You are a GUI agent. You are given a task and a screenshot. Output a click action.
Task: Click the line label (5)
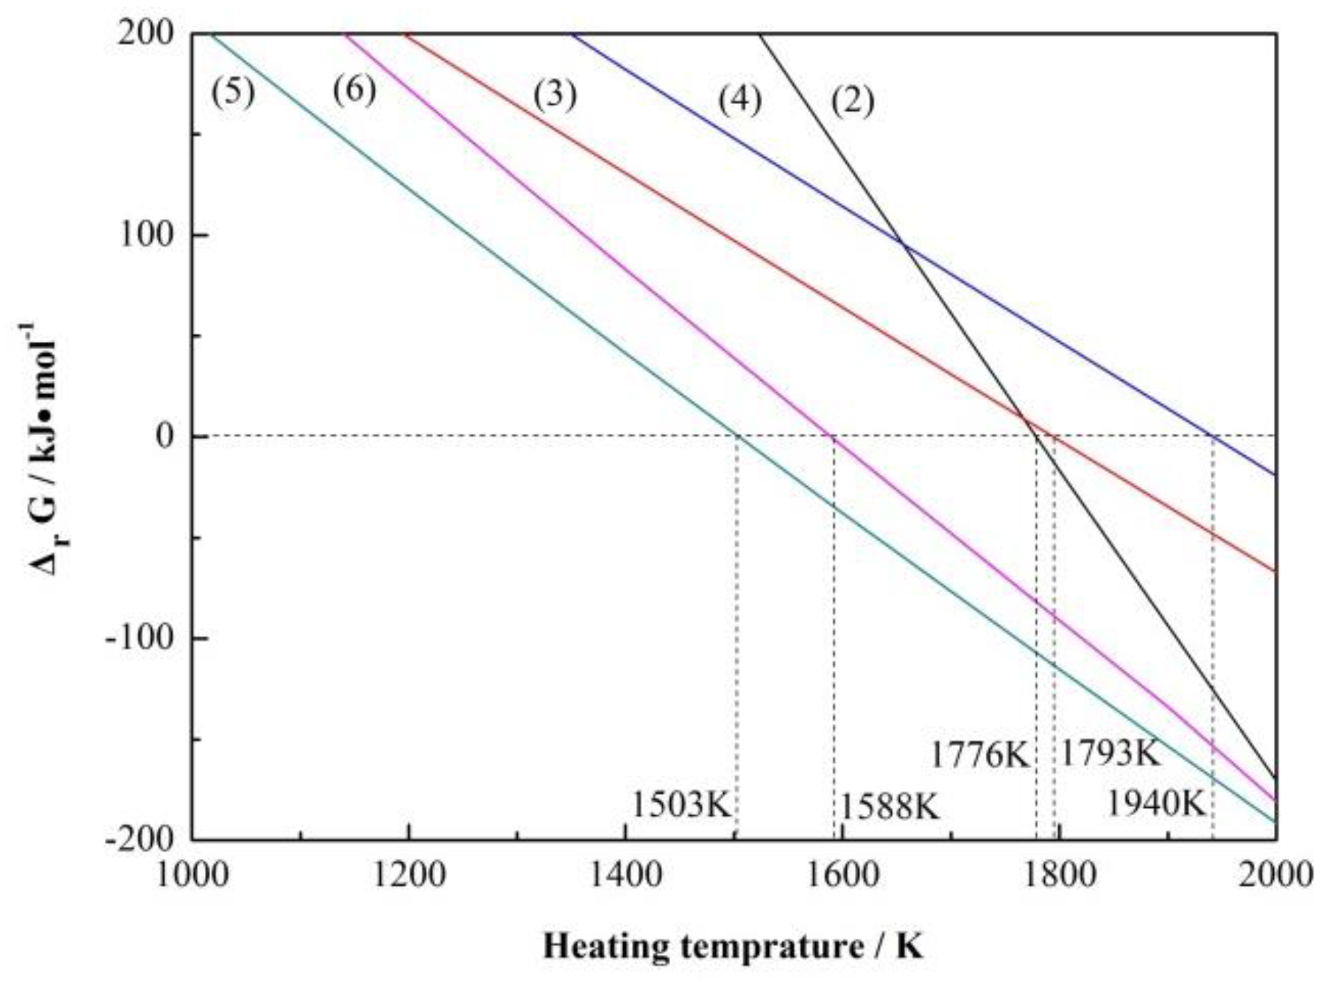point(233,93)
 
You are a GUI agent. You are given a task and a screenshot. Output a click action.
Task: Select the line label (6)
point(354,91)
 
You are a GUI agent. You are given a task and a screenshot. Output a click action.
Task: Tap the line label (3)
point(554,96)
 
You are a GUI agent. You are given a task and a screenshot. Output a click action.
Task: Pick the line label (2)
point(853,101)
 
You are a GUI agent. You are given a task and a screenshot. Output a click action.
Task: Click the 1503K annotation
point(681,805)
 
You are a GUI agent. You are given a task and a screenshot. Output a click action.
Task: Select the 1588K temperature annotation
point(889,807)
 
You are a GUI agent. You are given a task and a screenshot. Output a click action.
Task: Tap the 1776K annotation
point(980,755)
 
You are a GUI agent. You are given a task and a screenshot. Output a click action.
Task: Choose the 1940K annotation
point(1156,804)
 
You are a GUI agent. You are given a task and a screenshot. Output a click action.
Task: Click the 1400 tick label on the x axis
point(625,874)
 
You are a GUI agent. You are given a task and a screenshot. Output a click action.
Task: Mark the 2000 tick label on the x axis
point(1275,874)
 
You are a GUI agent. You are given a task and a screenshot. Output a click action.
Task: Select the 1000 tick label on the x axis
point(193,874)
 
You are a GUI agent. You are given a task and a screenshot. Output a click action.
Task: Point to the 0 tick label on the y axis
point(165,436)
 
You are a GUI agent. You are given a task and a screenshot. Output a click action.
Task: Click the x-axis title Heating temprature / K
point(733,947)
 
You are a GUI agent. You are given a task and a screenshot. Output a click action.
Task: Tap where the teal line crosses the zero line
point(738,436)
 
